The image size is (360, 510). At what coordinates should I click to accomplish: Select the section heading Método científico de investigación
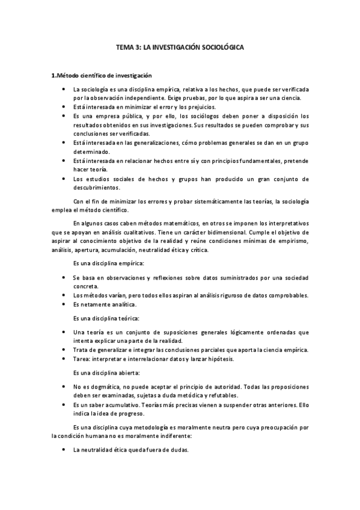102,76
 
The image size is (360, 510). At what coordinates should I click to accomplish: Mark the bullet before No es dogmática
64,386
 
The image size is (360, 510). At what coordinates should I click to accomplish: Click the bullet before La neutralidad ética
64,449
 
